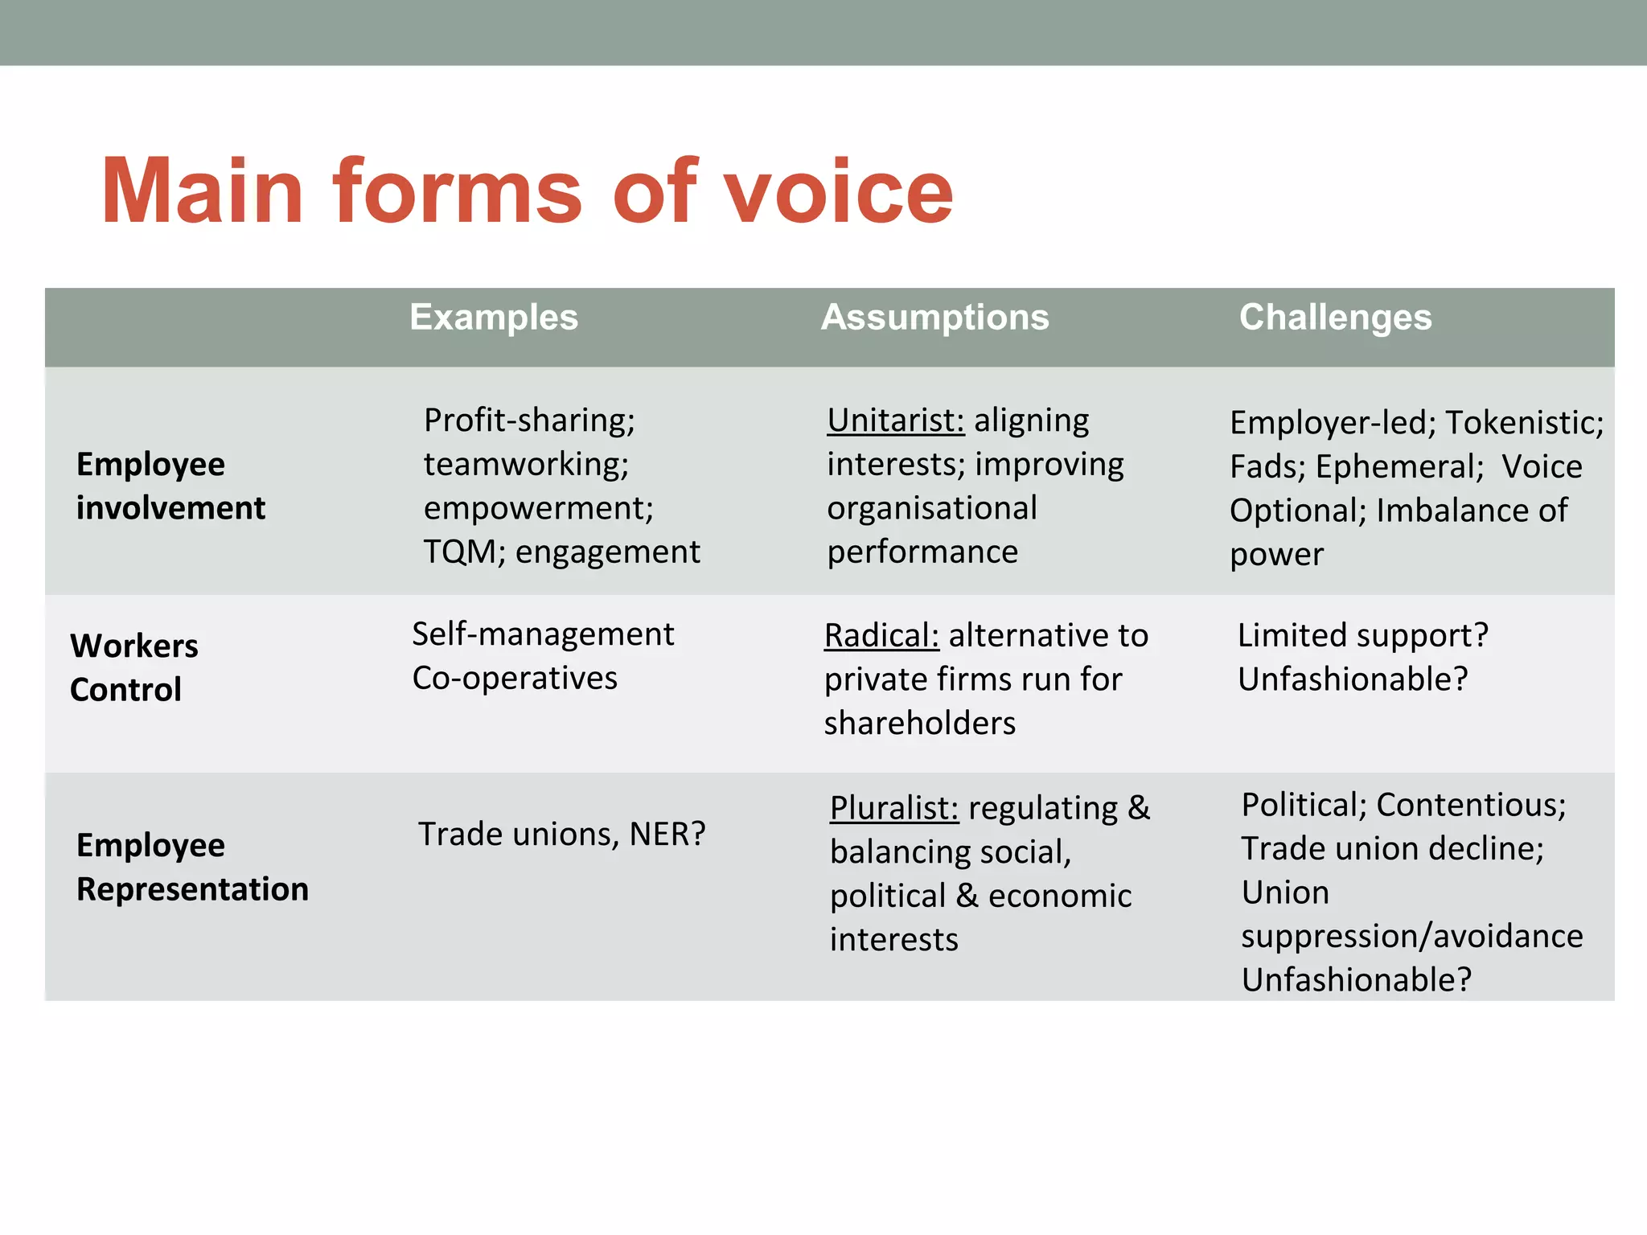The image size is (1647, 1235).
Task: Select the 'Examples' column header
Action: (494, 318)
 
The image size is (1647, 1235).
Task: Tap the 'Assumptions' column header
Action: (934, 318)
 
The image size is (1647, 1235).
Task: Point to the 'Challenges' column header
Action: (1335, 318)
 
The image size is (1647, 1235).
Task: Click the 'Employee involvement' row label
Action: (170, 486)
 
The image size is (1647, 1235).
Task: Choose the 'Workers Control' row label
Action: (133, 667)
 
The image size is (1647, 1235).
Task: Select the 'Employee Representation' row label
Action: (192, 867)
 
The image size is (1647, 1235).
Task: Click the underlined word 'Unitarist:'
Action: (895, 421)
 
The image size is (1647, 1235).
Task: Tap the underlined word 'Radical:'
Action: (881, 636)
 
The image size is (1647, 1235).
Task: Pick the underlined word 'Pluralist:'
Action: (894, 808)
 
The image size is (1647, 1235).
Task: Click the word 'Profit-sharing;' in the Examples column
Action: (529, 421)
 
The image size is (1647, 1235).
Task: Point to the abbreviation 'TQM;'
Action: (464, 552)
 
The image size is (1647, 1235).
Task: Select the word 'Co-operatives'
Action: (515, 678)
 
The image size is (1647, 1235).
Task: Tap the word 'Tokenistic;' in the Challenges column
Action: (1524, 423)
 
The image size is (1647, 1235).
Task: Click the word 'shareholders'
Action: (920, 724)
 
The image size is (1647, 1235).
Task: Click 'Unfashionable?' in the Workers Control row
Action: (1353, 679)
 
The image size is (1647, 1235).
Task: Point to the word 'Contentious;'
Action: (1471, 805)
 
